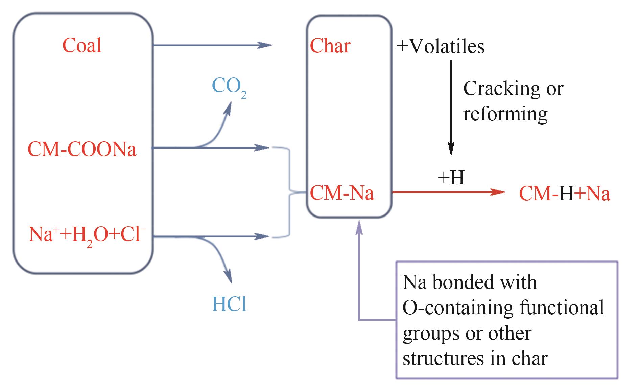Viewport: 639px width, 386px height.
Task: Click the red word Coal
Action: (x=82, y=46)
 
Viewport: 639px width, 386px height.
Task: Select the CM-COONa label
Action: (x=82, y=149)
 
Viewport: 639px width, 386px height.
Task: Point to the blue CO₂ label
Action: (x=229, y=87)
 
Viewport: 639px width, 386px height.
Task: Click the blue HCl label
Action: (x=229, y=304)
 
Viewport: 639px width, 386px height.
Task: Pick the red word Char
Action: (x=330, y=46)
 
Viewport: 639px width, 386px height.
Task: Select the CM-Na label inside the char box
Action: (x=342, y=193)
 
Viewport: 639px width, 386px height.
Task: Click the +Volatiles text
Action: (x=441, y=46)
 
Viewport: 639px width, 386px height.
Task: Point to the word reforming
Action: (x=505, y=114)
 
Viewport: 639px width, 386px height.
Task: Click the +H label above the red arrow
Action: (x=451, y=177)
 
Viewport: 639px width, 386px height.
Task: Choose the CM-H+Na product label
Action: (x=565, y=194)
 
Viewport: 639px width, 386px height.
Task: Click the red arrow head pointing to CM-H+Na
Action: (x=498, y=192)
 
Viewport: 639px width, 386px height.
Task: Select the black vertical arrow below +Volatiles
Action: (x=451, y=108)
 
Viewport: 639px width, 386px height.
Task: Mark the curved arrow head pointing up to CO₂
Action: (x=229, y=109)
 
